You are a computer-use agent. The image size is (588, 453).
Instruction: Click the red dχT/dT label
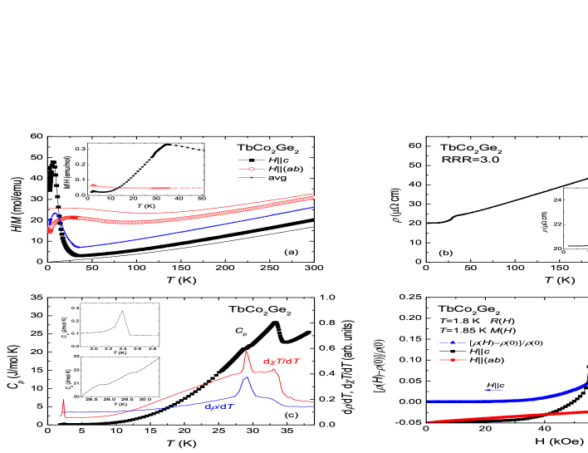(282, 362)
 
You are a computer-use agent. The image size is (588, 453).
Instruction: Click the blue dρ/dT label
(220, 406)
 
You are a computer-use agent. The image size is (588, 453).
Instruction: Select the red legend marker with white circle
(252, 169)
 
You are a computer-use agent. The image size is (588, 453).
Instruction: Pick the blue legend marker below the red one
(252, 177)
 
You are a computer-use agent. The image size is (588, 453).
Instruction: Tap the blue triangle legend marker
(453, 342)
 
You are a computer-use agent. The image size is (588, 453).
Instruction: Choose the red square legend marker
(453, 360)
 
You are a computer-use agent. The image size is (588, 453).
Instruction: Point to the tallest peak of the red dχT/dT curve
(246, 352)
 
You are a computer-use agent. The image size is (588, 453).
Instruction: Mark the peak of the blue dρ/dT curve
(246, 378)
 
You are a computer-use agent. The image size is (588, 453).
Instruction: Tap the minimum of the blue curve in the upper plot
(78, 247)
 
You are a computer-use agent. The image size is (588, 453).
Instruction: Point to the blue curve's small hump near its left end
(55, 214)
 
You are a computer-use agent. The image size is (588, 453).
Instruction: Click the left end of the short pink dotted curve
(91, 185)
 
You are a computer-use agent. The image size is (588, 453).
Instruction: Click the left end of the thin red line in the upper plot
(49, 208)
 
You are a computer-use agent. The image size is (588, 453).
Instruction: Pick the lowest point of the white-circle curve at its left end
(50, 232)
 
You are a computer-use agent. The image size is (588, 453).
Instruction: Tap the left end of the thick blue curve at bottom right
(429, 401)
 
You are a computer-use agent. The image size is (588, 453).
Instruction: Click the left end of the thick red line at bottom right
(429, 421)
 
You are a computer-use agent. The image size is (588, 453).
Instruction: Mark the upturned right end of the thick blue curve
(586, 384)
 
